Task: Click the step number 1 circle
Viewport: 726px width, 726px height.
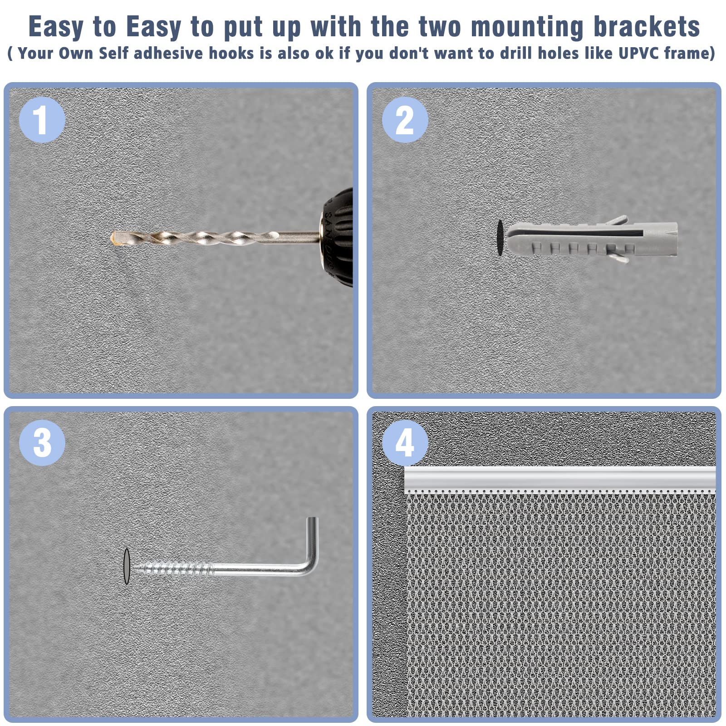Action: tap(42, 120)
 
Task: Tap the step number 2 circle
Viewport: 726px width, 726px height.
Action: tap(405, 120)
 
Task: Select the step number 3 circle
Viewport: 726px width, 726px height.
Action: tap(42, 442)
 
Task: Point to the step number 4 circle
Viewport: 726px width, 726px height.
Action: tap(405, 442)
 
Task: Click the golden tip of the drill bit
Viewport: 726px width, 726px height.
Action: tap(116, 238)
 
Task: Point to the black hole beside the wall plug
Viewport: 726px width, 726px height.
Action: tap(500, 238)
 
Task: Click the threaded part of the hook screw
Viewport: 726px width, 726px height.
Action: tap(172, 567)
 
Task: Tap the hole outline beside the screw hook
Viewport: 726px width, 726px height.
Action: tap(127, 566)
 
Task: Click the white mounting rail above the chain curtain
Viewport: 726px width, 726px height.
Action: tap(560, 479)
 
